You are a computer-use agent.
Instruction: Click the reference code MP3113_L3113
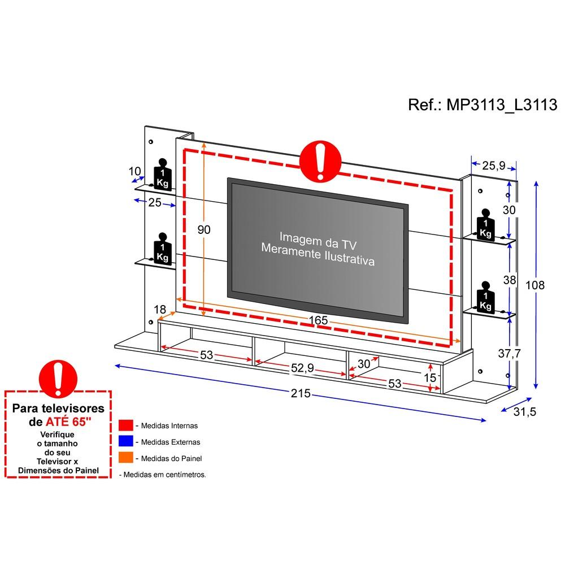pyautogui.click(x=502, y=105)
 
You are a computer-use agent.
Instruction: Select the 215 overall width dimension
pyautogui.click(x=301, y=393)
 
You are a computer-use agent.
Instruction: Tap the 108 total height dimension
pyautogui.click(x=534, y=285)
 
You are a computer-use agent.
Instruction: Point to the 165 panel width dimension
pyautogui.click(x=318, y=320)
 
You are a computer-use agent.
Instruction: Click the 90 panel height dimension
pyautogui.click(x=204, y=229)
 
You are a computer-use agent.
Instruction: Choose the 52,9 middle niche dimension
pyautogui.click(x=302, y=368)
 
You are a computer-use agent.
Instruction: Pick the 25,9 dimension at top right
pyautogui.click(x=494, y=166)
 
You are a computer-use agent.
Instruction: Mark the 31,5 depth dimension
pyautogui.click(x=525, y=411)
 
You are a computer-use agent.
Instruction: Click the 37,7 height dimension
pyautogui.click(x=510, y=354)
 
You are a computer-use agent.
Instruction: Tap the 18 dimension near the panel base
pyautogui.click(x=160, y=309)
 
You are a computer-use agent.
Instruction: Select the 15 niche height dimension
pyautogui.click(x=430, y=377)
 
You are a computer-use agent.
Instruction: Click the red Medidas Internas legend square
pyautogui.click(x=126, y=425)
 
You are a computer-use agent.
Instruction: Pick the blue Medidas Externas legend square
pyautogui.click(x=126, y=441)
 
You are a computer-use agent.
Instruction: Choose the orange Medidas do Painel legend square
pyautogui.click(x=126, y=458)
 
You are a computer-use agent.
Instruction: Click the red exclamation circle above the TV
pyautogui.click(x=320, y=161)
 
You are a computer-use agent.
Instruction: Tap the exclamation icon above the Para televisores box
pyautogui.click(x=58, y=379)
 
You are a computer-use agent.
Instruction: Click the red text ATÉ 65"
pyautogui.click(x=68, y=421)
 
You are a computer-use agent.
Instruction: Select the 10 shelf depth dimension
pyautogui.click(x=135, y=171)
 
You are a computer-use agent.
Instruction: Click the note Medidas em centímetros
pyautogui.click(x=163, y=475)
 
